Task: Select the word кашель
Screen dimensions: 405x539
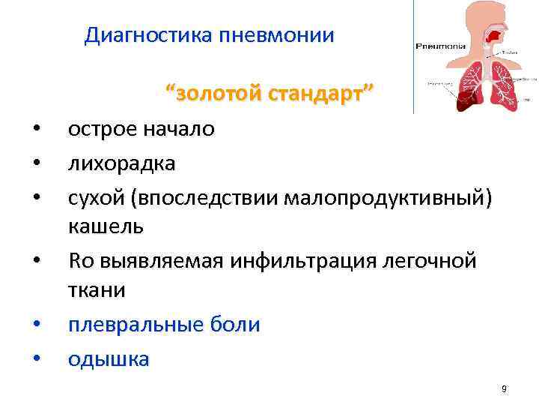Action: point(100,226)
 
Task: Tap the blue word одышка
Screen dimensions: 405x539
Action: point(109,359)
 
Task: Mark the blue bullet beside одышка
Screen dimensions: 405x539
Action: point(36,361)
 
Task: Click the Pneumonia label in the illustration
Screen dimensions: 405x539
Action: point(441,46)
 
